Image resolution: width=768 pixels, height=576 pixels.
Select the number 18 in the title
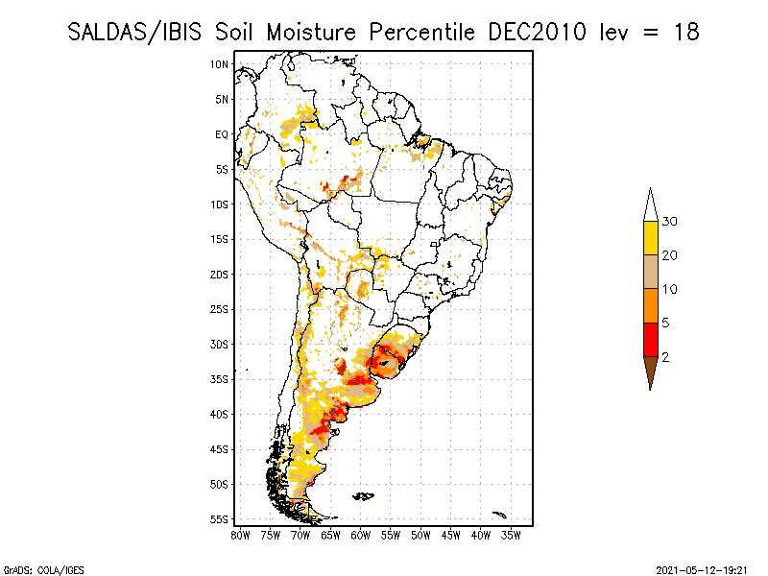(684, 32)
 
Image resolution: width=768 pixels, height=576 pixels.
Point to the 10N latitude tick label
(220, 64)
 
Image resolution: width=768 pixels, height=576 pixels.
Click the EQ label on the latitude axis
(222, 134)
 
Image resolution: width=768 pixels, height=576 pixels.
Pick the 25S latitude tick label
(220, 309)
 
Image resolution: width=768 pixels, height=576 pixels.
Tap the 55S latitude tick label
(220, 519)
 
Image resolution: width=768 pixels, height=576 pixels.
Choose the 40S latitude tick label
(220, 414)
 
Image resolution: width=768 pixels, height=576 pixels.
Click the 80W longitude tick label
(240, 535)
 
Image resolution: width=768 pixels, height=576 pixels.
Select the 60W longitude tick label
(361, 535)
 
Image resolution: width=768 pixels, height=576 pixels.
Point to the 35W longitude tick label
(512, 535)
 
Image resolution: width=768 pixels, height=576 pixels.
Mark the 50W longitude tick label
(421, 535)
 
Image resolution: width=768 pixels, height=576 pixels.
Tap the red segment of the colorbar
(650, 339)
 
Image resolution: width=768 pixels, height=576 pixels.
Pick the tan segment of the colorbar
(650, 272)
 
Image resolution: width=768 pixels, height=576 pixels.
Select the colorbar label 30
(670, 222)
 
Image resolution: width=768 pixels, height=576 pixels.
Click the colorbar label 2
(666, 356)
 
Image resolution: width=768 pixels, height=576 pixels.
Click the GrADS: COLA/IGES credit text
(39, 568)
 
